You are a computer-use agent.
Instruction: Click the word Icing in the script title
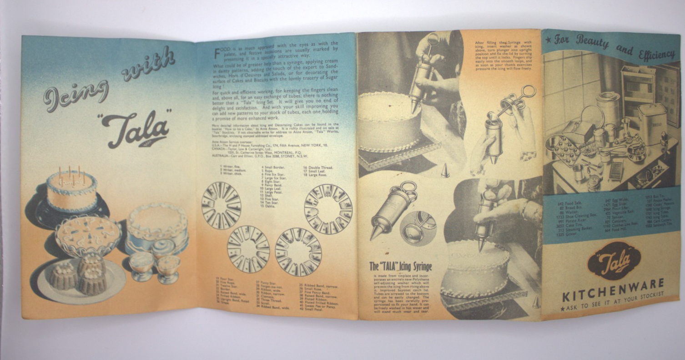pyautogui.click(x=75, y=95)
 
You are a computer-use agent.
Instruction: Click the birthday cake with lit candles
pyautogui.click(x=72, y=190)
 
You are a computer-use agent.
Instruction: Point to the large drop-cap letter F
pyautogui.click(x=218, y=54)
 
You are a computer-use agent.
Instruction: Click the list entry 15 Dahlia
pyautogui.click(x=269, y=193)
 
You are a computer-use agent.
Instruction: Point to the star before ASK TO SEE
pyautogui.click(x=563, y=309)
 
